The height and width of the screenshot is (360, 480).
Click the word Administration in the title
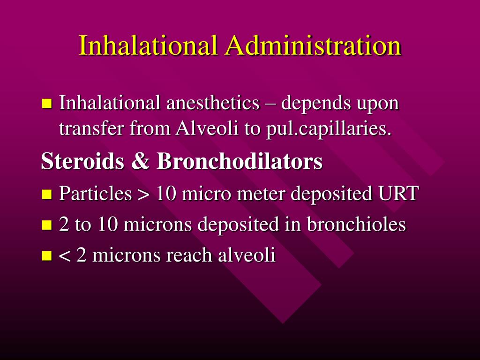coord(313,46)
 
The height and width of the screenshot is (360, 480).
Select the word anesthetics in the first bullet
coord(213,104)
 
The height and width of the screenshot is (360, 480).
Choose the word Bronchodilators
coord(240,161)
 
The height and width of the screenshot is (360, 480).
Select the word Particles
coord(95,193)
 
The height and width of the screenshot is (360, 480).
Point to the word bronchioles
coord(356,225)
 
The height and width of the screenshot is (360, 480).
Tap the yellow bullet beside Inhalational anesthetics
coord(46,104)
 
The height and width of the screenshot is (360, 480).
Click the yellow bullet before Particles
coord(46,194)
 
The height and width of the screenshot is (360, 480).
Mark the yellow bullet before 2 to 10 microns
coord(46,225)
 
